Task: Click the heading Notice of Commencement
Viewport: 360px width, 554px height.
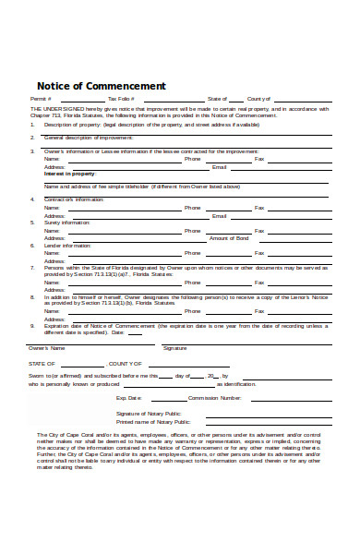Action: point(101,86)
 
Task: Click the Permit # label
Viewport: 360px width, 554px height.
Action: point(40,99)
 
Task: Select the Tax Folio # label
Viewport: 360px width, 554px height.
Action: point(121,99)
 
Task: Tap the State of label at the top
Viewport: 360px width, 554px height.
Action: point(217,99)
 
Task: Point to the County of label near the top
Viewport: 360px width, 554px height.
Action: point(258,99)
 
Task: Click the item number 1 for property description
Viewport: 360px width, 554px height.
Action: point(32,124)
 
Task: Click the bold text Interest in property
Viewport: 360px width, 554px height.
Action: point(69,174)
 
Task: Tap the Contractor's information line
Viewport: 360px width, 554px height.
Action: point(74,199)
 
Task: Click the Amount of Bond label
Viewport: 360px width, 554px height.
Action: point(229,238)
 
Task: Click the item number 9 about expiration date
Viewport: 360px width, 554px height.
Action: point(32,326)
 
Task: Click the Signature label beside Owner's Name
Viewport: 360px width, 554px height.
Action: point(174,348)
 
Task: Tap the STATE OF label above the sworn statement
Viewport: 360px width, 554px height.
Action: point(42,364)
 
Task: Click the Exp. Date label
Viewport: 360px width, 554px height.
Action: point(128,398)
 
